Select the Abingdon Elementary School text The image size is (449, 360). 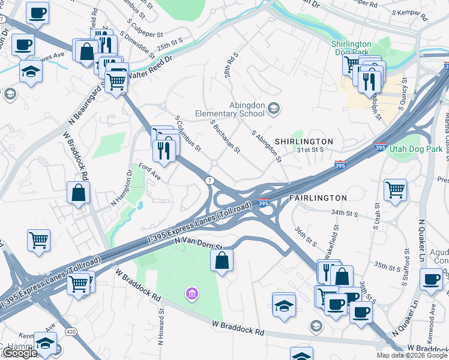[230, 109]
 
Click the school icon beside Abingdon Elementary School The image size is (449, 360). [274, 108]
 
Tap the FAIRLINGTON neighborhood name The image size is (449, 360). [318, 197]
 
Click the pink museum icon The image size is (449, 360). [191, 293]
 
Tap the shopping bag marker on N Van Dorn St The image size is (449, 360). [222, 260]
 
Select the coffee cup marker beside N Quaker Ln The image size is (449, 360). [430, 280]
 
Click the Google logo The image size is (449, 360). [19, 353]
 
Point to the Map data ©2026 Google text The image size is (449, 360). [411, 355]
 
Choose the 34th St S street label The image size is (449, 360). [344, 212]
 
